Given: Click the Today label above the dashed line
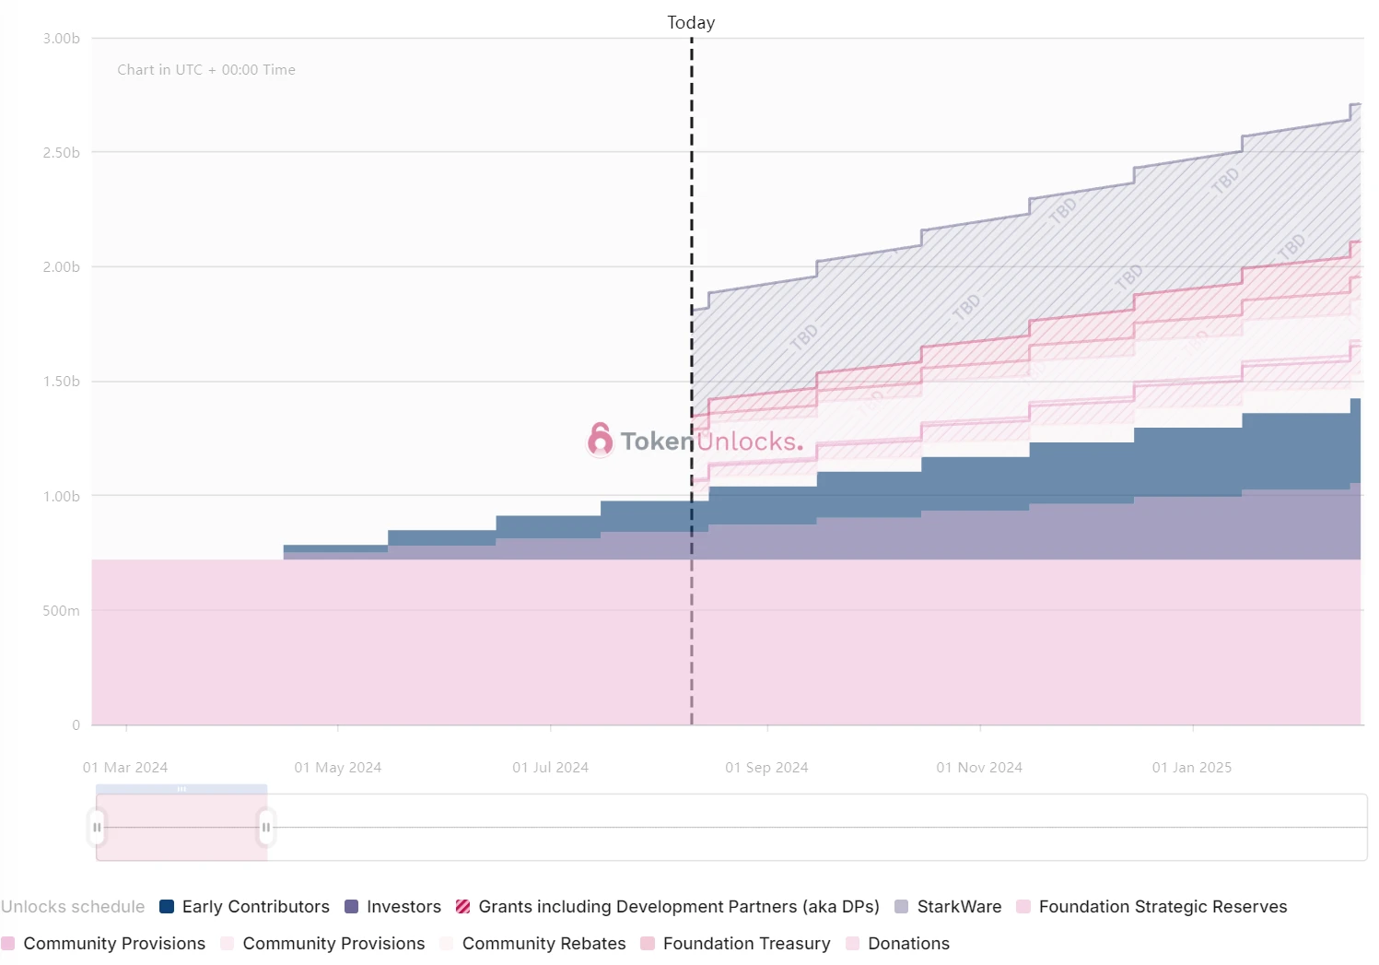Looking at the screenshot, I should click(x=691, y=22).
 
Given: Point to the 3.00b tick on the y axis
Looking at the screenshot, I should click(x=61, y=39).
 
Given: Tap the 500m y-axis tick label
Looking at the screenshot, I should click(x=61, y=611).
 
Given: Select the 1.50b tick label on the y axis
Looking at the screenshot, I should click(x=61, y=382).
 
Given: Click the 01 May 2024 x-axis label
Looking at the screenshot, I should click(x=337, y=768).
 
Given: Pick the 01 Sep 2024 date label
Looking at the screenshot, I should click(x=766, y=768).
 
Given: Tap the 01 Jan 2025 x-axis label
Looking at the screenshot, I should click(x=1191, y=768).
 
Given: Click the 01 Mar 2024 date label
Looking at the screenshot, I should click(x=125, y=768).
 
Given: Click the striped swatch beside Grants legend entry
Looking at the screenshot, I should click(x=463, y=907).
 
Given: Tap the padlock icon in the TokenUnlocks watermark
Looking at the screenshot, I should click(x=600, y=440).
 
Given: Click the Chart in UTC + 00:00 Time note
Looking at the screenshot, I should click(x=206, y=70).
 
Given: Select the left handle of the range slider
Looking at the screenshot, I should click(x=98, y=827).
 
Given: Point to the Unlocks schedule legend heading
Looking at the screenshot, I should click(x=73, y=907).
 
